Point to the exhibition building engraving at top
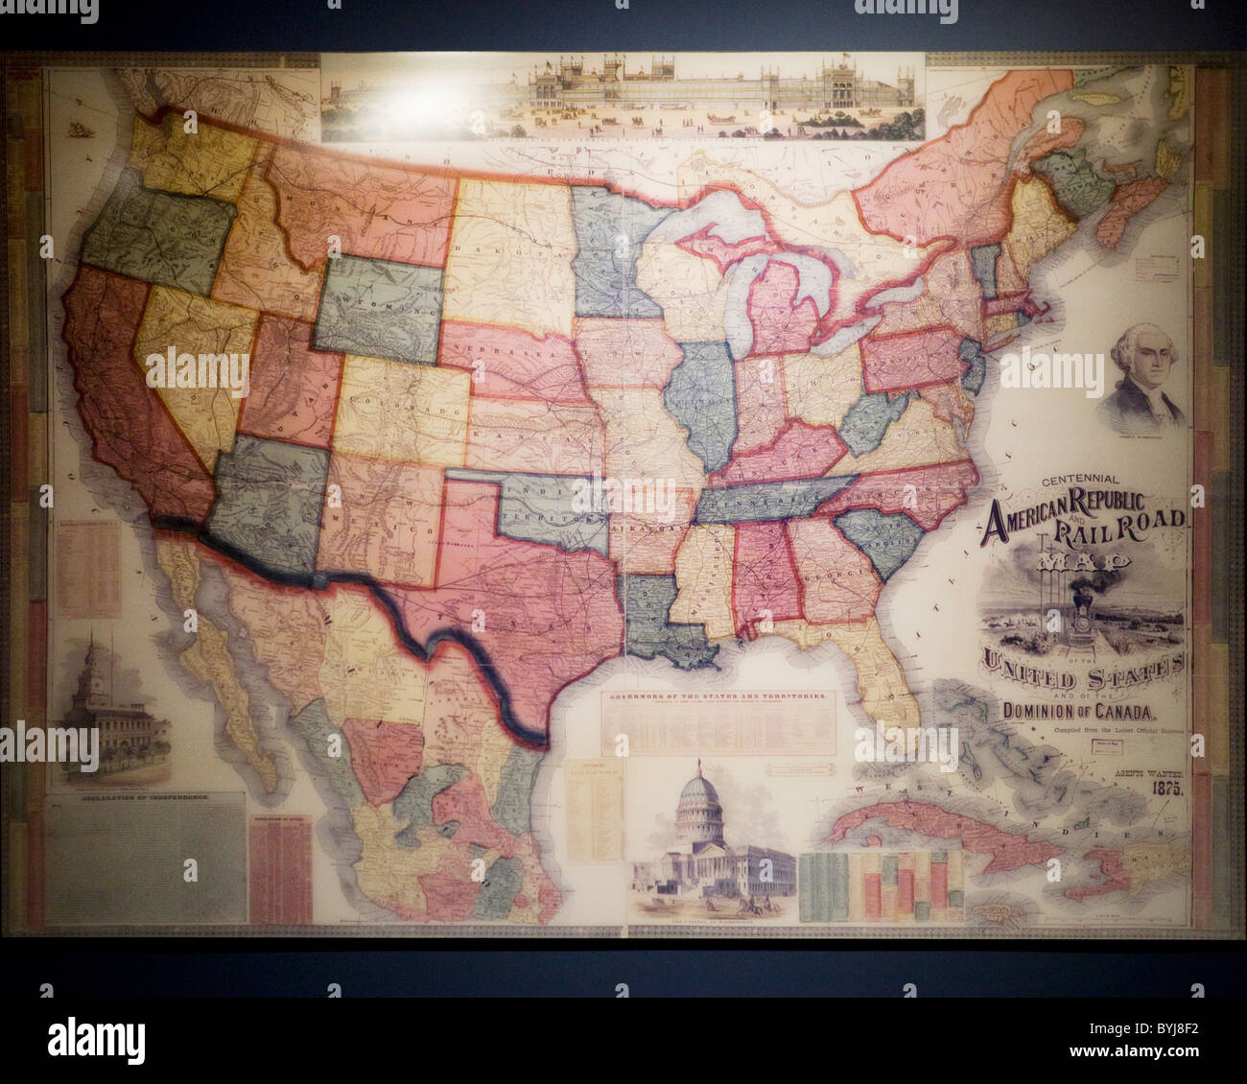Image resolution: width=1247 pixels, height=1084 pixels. (623, 96)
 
